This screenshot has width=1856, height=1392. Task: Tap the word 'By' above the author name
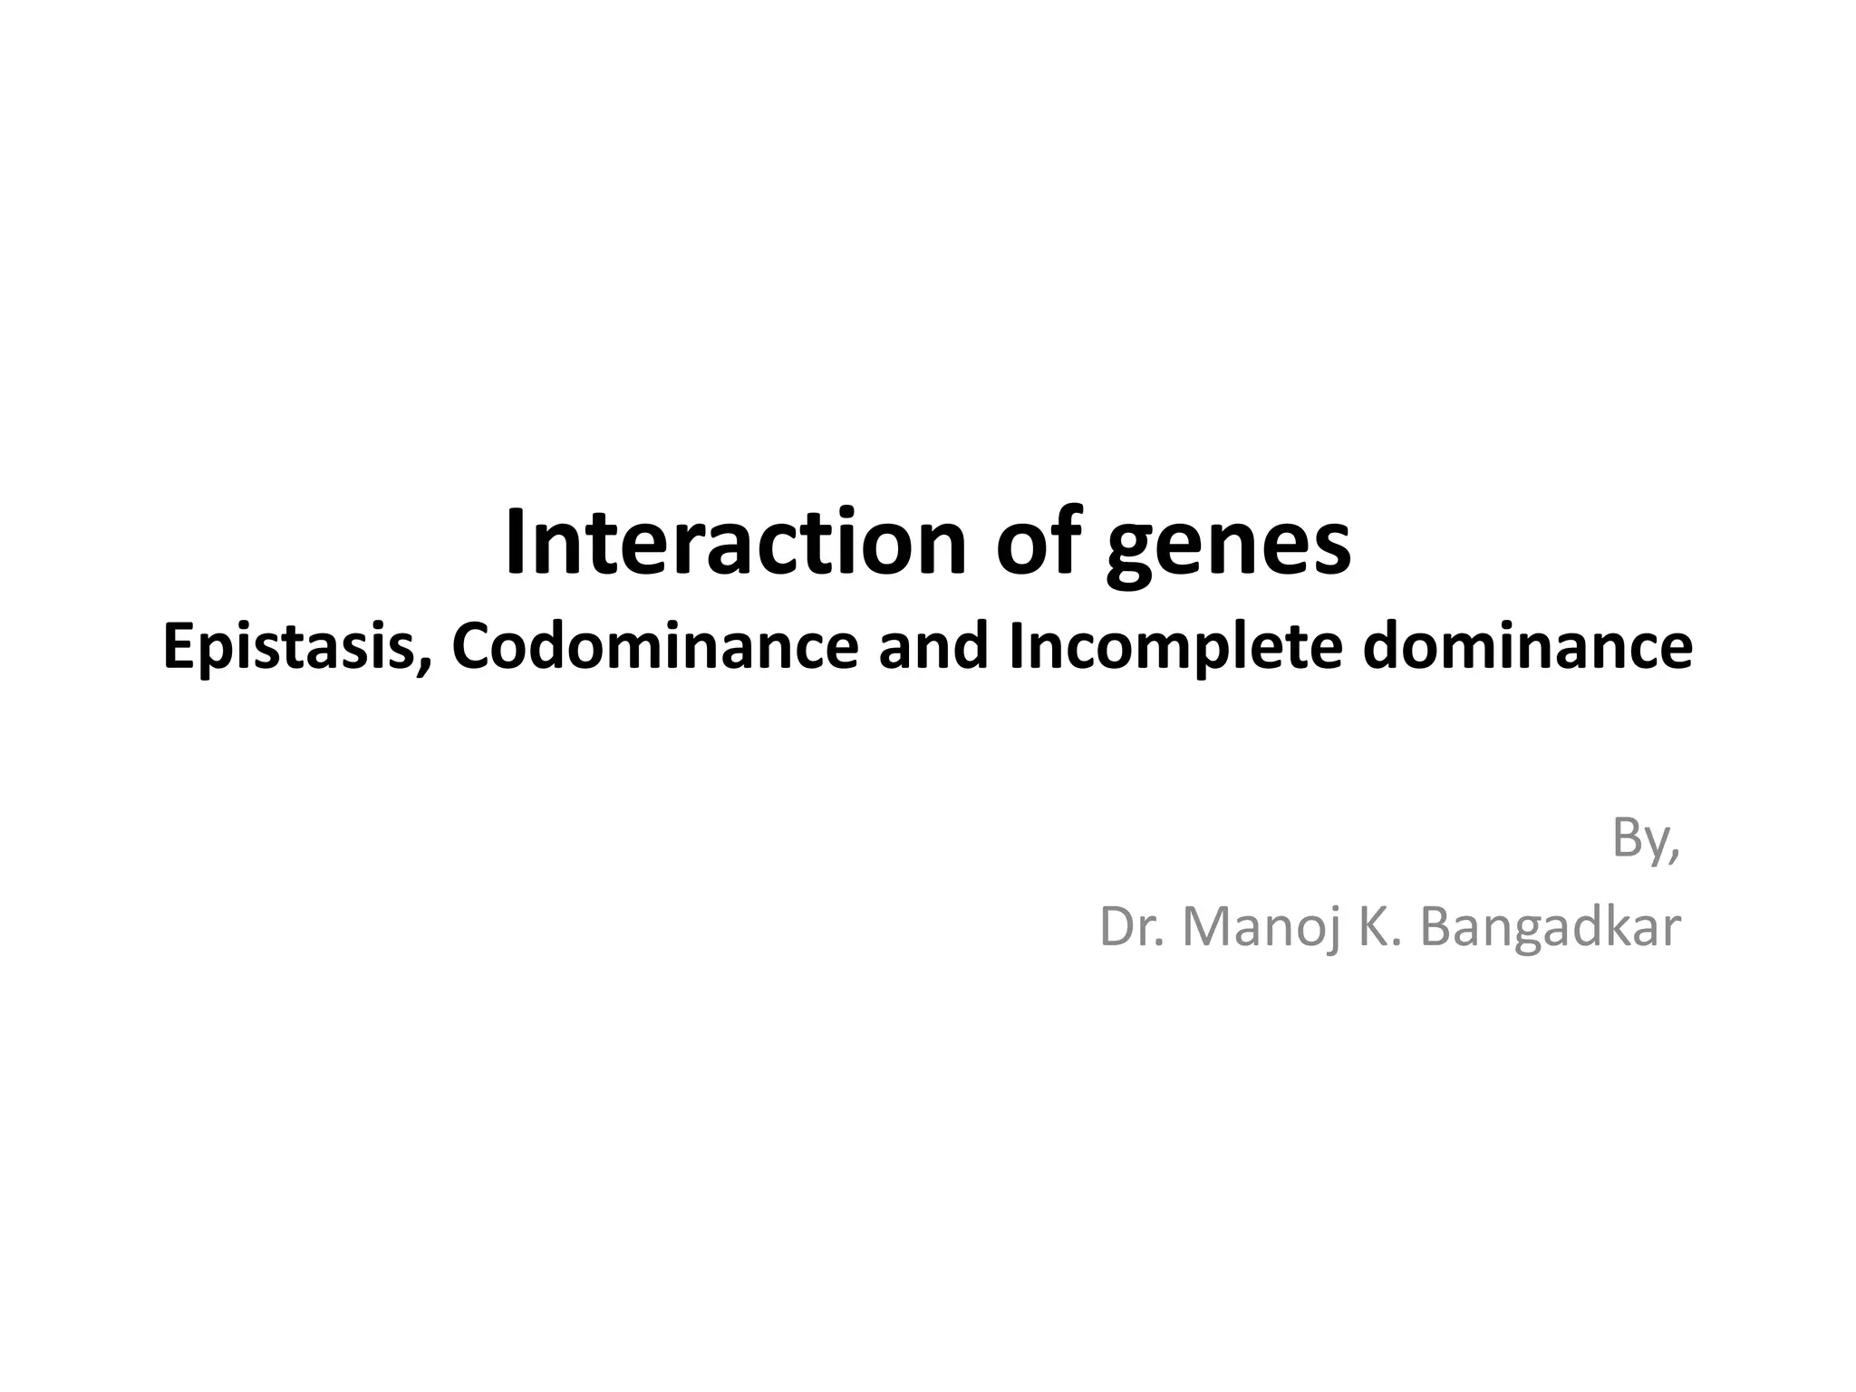[1640, 839]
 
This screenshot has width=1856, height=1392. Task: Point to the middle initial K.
[1380, 927]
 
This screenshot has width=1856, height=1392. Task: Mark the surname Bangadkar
[1551, 927]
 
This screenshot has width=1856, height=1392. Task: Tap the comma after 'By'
[1675, 856]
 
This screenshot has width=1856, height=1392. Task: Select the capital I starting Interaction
[515, 542]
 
